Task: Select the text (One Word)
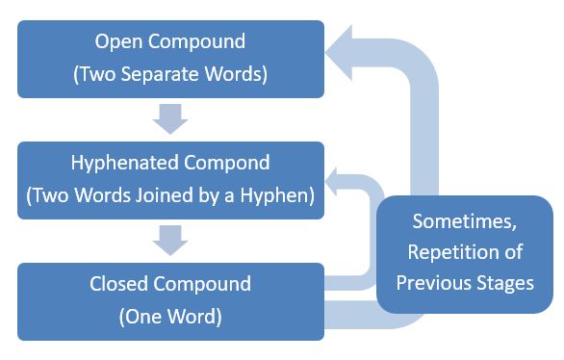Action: [169, 314]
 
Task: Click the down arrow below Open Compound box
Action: [169, 119]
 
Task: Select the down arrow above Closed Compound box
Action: [169, 240]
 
